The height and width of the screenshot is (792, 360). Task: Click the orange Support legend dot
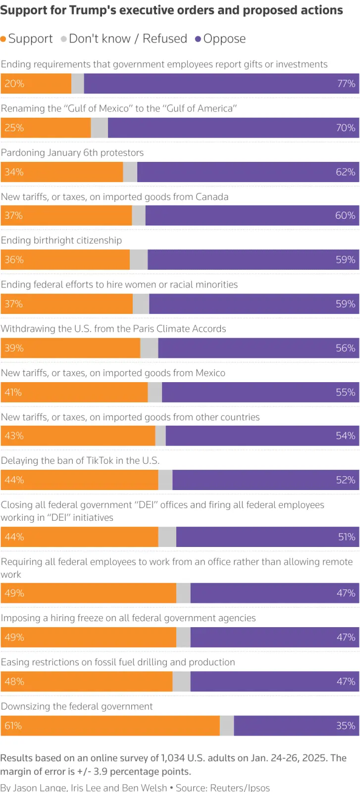tap(3, 39)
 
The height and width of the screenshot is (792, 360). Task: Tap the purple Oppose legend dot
tap(198, 39)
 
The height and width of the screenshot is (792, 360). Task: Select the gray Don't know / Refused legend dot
tap(64, 39)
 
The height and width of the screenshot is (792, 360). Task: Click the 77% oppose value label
tap(346, 84)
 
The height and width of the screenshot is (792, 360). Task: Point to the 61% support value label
tap(13, 726)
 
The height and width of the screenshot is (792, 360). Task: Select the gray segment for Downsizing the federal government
tap(227, 726)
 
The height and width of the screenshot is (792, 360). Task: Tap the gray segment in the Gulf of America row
tap(99, 128)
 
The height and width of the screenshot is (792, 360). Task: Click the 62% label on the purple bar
tap(346, 172)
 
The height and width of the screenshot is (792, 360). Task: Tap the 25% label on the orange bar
tap(14, 128)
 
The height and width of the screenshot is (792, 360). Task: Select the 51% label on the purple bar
tap(347, 537)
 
